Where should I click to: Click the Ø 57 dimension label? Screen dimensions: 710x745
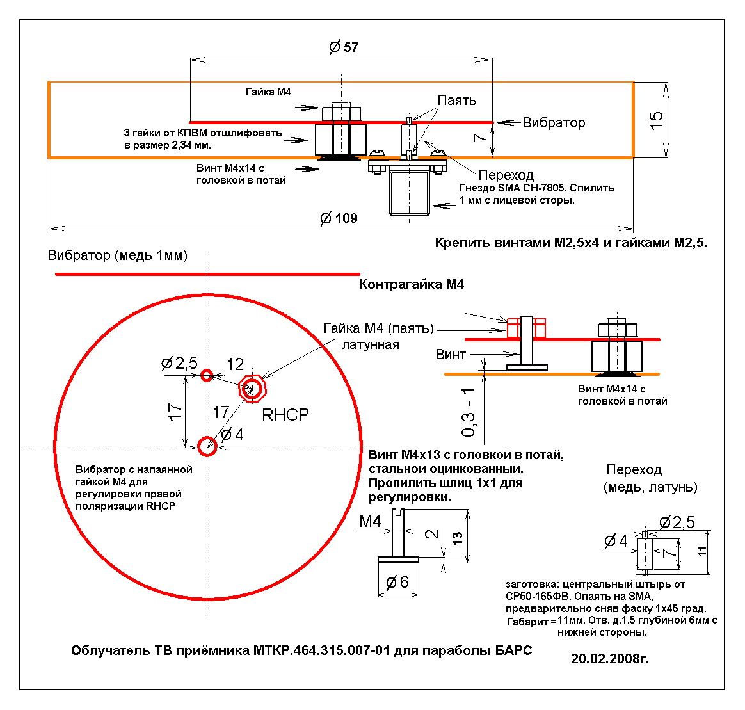pos(344,47)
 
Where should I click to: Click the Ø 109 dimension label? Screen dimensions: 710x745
pos(339,218)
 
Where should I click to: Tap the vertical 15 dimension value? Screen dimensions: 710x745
pos(657,120)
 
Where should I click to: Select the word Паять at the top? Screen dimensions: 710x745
pos(457,101)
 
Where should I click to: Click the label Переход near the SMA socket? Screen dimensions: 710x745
pos(506,175)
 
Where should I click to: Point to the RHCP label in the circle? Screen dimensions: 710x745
pos(285,415)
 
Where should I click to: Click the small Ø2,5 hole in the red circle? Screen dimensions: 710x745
pos(207,375)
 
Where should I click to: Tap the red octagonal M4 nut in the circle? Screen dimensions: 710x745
pos(252,388)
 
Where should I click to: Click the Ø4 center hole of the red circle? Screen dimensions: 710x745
pos(207,446)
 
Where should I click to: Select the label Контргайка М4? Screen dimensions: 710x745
pos(411,284)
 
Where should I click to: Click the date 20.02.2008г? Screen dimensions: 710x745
pos(610,658)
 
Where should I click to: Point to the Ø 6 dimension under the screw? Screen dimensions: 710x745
pos(397,582)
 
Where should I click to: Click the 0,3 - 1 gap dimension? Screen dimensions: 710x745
pos(469,412)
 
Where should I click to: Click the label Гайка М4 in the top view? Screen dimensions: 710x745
pos(268,92)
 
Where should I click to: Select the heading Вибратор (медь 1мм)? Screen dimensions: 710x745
pos(118,255)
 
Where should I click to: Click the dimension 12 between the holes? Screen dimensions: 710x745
pos(235,364)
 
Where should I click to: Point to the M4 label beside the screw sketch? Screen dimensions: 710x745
pos(370,521)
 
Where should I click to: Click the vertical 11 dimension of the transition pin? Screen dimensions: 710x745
pos(703,551)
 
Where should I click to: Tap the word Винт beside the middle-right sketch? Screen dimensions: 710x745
pos(451,354)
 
